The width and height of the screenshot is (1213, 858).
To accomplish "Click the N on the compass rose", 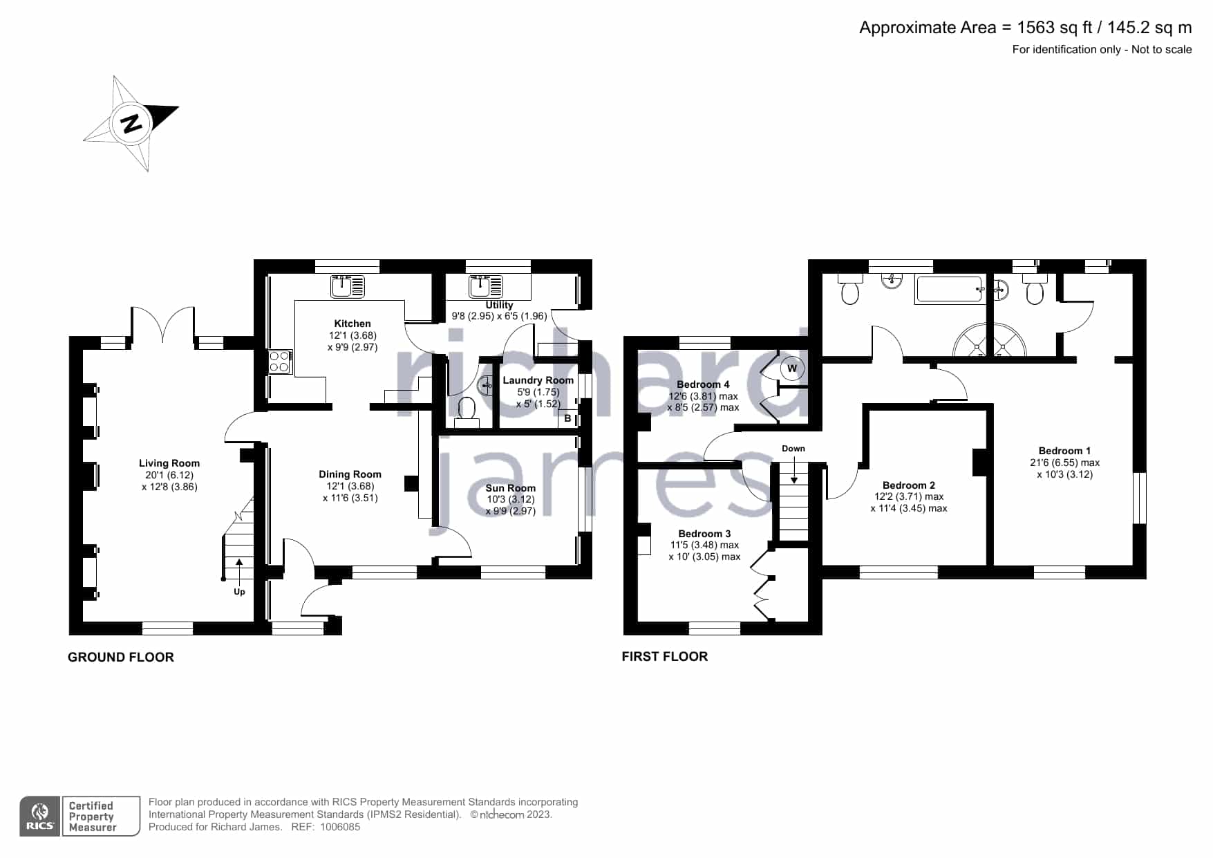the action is coord(131,123).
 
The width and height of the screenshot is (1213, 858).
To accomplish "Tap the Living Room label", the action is coord(169,463).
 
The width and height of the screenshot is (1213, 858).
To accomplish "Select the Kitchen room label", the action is coord(352,324).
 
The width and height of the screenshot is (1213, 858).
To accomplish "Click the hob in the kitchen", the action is coord(280,362).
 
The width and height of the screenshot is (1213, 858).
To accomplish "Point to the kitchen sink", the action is coord(348,286).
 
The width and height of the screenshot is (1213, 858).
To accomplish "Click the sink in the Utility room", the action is coord(486,286).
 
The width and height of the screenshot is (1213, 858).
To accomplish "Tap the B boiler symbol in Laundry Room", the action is coord(567,418).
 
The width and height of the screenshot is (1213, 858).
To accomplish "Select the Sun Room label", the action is coord(511,488).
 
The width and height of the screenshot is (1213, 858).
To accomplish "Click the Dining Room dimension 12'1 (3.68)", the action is coord(350,486).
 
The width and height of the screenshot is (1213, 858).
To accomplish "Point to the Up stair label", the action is coord(239,592).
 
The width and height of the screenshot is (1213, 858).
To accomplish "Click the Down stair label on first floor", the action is coord(793,449).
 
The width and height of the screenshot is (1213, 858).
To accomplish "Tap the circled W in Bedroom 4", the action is coord(792,369).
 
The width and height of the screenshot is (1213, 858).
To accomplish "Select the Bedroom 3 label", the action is coord(704,534).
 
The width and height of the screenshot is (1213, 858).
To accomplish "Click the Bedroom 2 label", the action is coord(909,485).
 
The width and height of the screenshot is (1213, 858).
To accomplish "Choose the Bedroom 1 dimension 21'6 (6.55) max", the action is coord(1064,463).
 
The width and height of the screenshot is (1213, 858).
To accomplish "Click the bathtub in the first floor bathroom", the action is coord(950,289).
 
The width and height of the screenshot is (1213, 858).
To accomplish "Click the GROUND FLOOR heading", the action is coord(121,658).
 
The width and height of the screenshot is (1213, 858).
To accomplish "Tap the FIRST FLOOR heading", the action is coord(665,657).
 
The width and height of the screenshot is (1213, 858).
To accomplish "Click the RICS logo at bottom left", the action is coord(40,817).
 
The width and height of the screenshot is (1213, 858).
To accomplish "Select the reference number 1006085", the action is coord(341,827).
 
